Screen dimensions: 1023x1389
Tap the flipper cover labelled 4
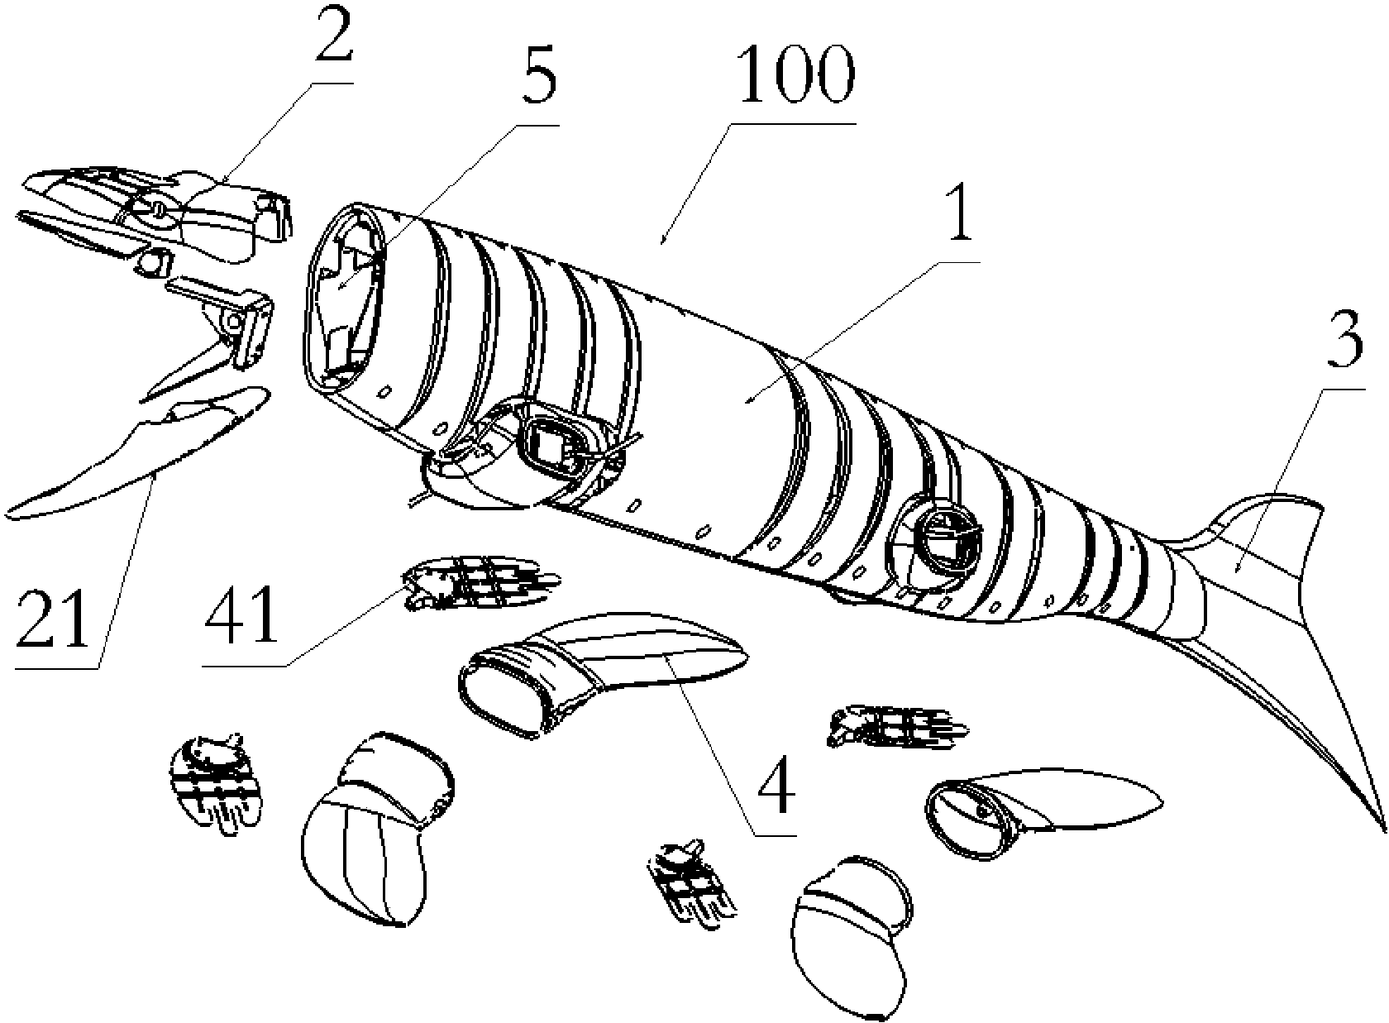pyautogui.click(x=604, y=670)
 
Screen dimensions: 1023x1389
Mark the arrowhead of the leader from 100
pyautogui.click(x=662, y=243)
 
